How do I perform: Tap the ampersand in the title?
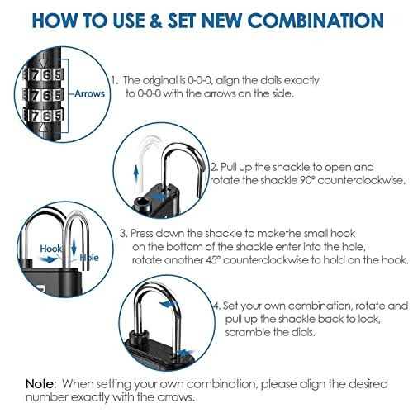(x=155, y=20)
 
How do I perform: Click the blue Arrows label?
(x=90, y=93)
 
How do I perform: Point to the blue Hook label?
(x=50, y=249)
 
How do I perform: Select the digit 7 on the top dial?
(x=35, y=74)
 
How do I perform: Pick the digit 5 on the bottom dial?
(x=58, y=116)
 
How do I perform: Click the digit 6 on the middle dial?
(x=47, y=95)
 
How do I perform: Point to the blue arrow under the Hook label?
(x=48, y=259)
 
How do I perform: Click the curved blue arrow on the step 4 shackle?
(x=167, y=305)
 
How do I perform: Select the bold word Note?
(x=40, y=383)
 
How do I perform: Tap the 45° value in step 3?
(x=213, y=260)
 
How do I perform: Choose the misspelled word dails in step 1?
(x=271, y=80)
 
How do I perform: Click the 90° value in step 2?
(x=306, y=180)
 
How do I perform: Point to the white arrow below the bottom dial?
(x=42, y=127)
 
